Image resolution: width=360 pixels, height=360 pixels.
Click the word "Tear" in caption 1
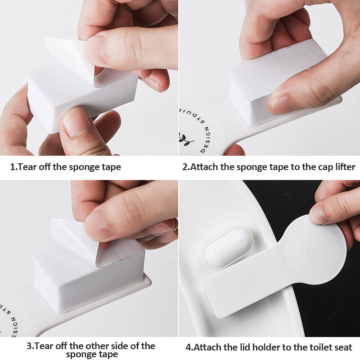pyautogui.click(x=27, y=167)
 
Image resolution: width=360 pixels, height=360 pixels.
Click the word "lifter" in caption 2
pyautogui.click(x=345, y=167)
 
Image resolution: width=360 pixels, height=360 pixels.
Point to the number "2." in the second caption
pyautogui.click(x=186, y=167)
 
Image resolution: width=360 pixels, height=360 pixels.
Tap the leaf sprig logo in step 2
pyautogui.click(x=185, y=139)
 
